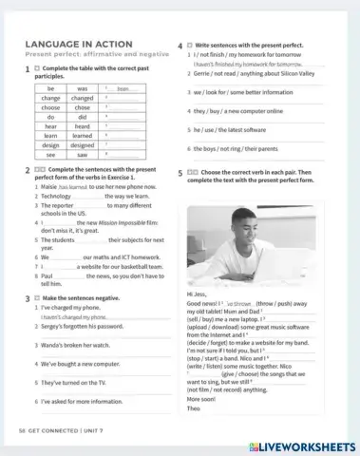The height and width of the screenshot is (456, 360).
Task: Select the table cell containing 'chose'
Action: (82, 106)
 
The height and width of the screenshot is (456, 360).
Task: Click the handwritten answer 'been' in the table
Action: (122, 88)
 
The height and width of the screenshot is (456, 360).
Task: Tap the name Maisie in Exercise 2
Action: (47, 186)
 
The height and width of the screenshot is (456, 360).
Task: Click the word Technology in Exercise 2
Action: (55, 196)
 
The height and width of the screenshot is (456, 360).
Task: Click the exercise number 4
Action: (180, 45)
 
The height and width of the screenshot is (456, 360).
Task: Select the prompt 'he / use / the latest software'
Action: (231, 129)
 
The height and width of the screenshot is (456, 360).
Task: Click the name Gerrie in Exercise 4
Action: (202, 73)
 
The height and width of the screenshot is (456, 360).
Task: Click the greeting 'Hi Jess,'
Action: (197, 294)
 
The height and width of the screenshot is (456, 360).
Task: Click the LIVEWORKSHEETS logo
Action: (301, 446)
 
